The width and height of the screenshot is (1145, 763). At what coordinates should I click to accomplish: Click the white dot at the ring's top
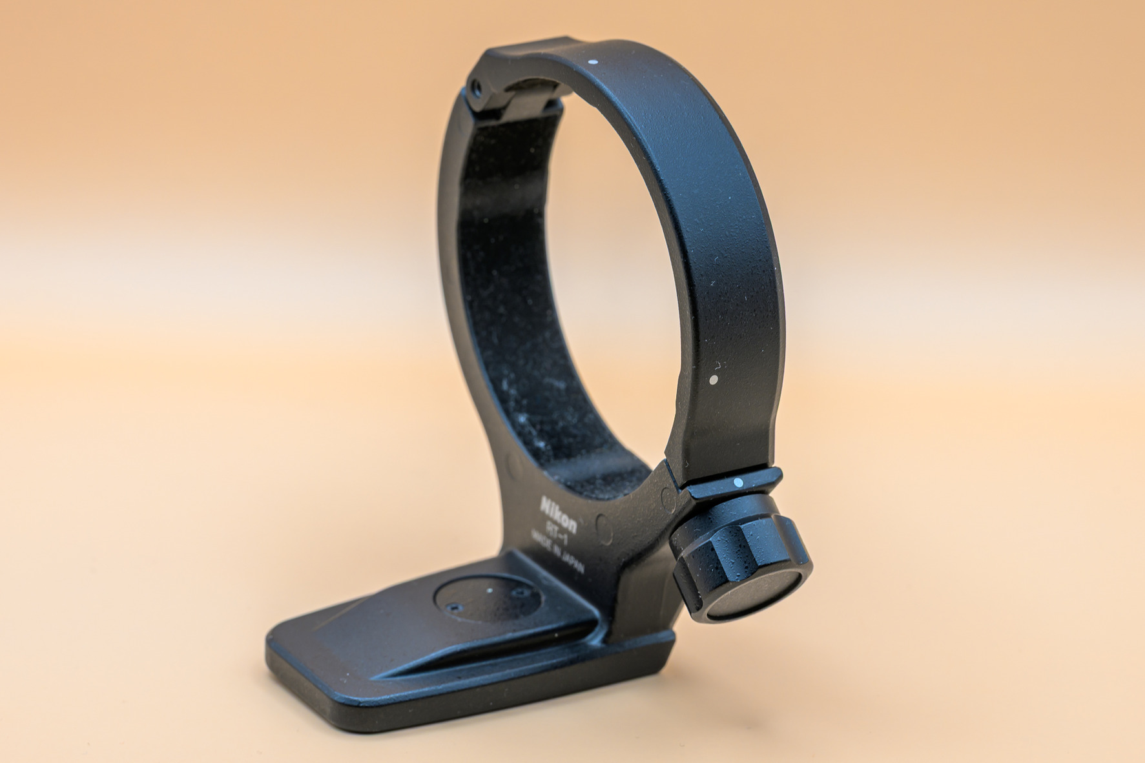click(593, 63)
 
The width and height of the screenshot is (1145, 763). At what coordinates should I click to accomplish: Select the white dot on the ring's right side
click(714, 380)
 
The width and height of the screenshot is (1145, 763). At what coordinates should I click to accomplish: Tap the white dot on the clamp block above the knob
click(738, 482)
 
